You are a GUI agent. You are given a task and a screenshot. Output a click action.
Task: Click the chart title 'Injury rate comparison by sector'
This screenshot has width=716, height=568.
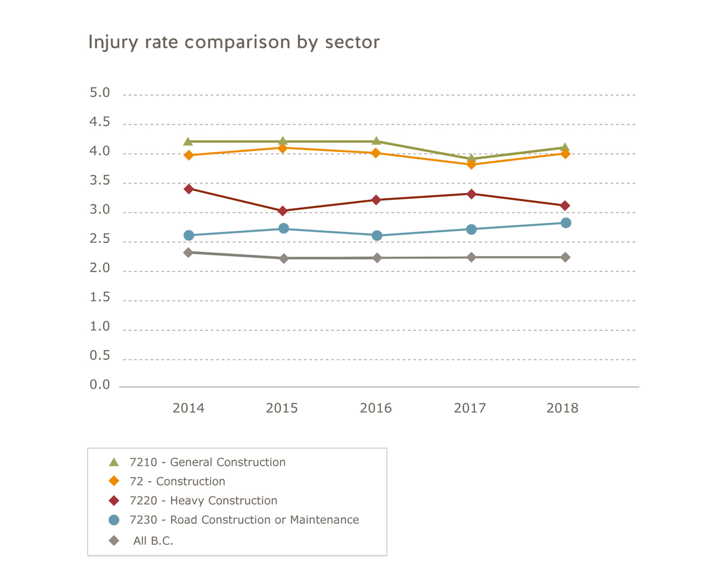[234, 42]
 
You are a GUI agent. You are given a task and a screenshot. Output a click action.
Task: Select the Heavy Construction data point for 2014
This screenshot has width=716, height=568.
[189, 189]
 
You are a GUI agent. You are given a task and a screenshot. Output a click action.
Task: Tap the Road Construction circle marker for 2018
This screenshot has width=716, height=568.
[566, 223]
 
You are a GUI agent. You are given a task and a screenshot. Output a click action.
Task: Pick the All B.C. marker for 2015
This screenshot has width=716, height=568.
[283, 258]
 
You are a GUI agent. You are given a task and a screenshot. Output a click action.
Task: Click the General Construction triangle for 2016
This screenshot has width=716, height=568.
[377, 141]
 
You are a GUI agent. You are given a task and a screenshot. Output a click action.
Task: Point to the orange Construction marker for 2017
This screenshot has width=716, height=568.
[471, 164]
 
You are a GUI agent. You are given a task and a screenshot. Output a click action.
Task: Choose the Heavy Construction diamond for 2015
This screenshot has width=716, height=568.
[283, 211]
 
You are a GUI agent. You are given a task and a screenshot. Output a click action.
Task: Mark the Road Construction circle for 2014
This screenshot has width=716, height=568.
[189, 235]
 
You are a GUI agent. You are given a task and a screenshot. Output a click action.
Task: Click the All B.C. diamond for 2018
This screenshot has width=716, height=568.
[566, 257]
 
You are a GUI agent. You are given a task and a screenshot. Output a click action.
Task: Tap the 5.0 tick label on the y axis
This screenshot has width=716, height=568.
[100, 93]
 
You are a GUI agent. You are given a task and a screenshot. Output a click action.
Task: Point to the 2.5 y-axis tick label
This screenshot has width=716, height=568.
[100, 239]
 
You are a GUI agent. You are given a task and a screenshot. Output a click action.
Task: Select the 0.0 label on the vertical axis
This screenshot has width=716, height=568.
[100, 385]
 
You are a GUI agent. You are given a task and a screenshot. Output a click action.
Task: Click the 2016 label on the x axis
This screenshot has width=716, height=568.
[376, 408]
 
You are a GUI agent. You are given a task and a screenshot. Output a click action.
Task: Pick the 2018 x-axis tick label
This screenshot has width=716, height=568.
[562, 408]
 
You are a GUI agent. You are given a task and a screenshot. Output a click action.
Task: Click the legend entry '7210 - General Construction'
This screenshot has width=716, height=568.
[208, 462]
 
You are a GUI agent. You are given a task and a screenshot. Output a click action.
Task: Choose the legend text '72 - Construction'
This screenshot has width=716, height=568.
[177, 481]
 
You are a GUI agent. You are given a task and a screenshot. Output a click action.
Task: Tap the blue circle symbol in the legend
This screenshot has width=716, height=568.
[114, 520]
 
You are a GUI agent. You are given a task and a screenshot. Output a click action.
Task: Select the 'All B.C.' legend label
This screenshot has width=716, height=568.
[153, 540]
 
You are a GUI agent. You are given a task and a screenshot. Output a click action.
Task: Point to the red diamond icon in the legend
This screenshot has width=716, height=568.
[114, 501]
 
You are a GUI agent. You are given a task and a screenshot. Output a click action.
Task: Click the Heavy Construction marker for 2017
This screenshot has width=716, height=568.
[471, 194]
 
